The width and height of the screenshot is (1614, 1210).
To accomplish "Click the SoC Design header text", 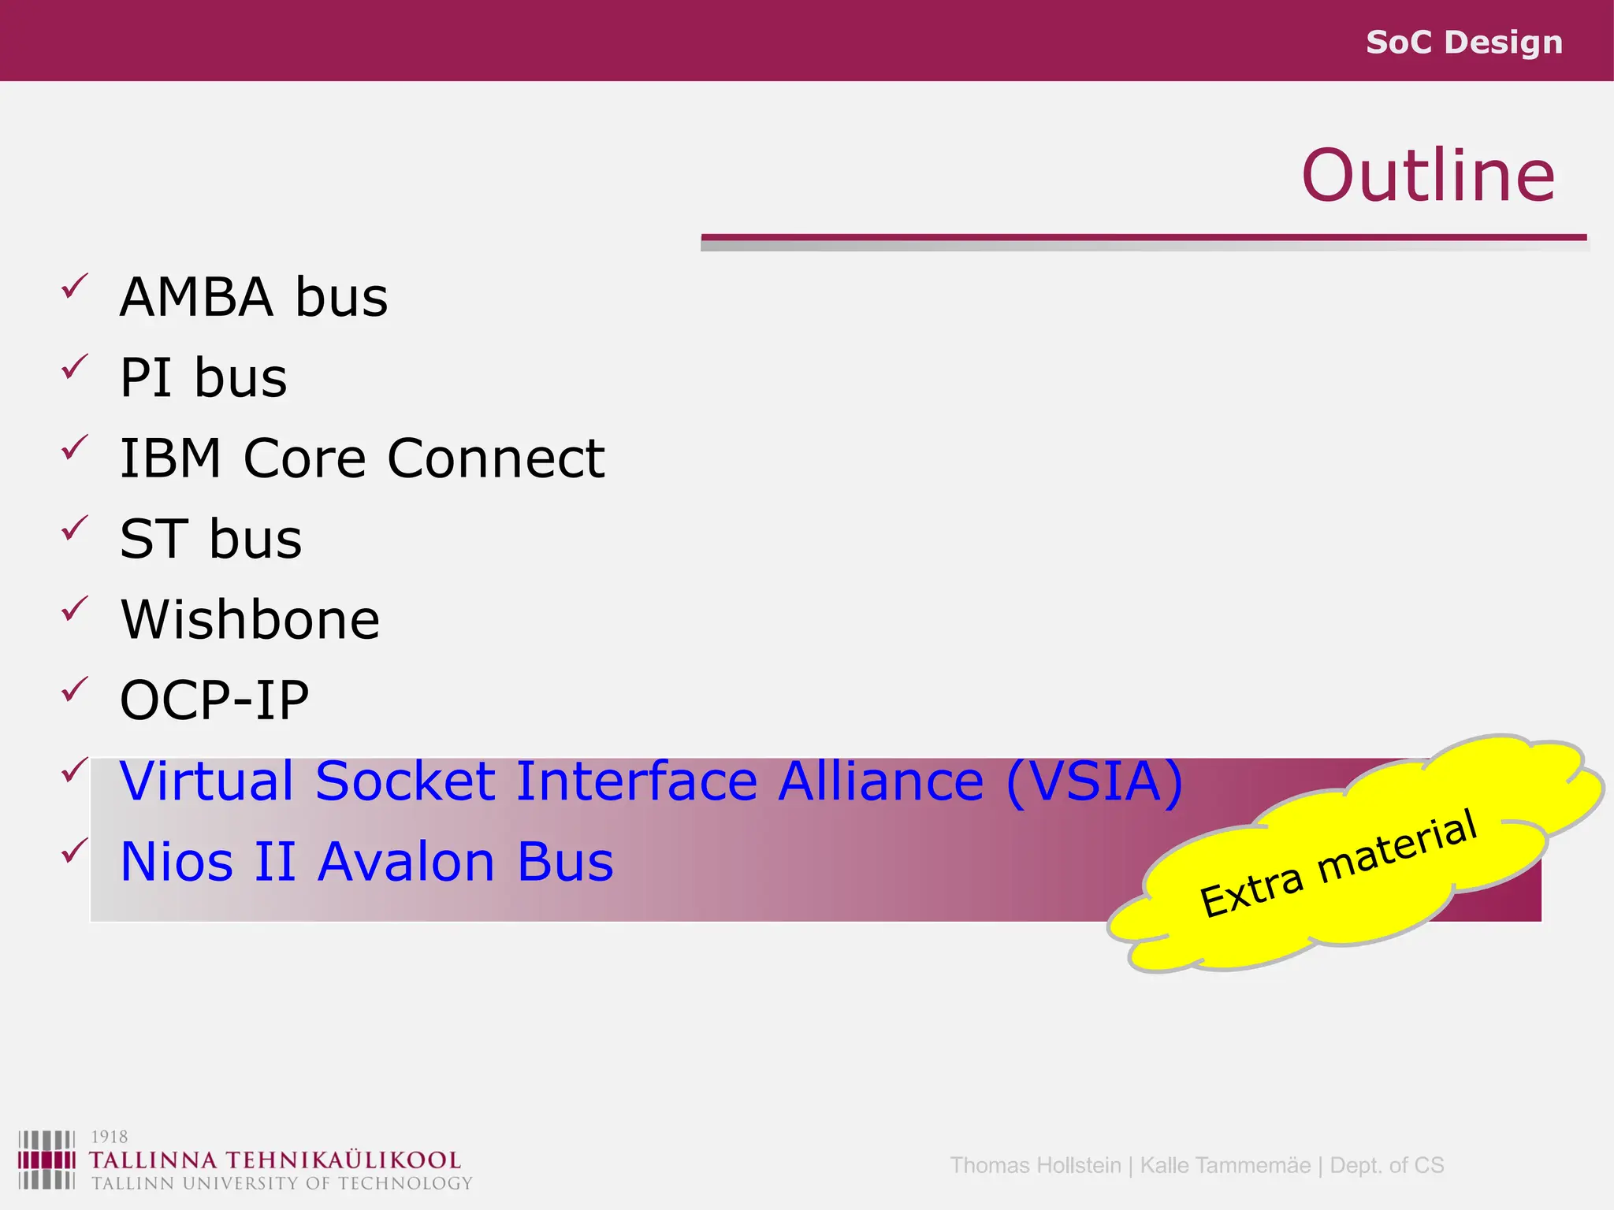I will (x=1463, y=43).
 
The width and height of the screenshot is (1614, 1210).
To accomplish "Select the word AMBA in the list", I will (x=196, y=298).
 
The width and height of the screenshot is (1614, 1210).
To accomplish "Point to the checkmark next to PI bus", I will (x=74, y=366).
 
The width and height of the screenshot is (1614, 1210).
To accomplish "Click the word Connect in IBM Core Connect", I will (x=496, y=458).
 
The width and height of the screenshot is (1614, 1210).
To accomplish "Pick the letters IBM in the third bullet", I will (x=170, y=458).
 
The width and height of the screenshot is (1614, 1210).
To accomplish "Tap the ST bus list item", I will (x=210, y=540).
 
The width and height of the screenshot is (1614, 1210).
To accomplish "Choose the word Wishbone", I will (x=250, y=620).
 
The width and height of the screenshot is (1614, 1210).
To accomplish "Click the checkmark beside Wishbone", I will (x=74, y=608).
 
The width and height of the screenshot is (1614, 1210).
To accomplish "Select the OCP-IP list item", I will (x=214, y=700).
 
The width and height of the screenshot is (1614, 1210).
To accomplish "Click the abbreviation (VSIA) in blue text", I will (x=1095, y=781).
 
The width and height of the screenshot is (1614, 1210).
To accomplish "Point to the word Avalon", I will (x=406, y=862).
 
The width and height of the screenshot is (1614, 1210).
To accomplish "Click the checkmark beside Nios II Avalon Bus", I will (x=74, y=850).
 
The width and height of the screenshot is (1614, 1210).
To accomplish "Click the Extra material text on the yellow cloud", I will (x=1337, y=863).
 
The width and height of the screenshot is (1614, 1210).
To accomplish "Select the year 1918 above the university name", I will (x=109, y=1137).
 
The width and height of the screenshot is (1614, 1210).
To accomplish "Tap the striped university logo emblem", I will (x=46, y=1160).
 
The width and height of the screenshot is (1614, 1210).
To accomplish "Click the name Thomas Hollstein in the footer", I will (x=1035, y=1165).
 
